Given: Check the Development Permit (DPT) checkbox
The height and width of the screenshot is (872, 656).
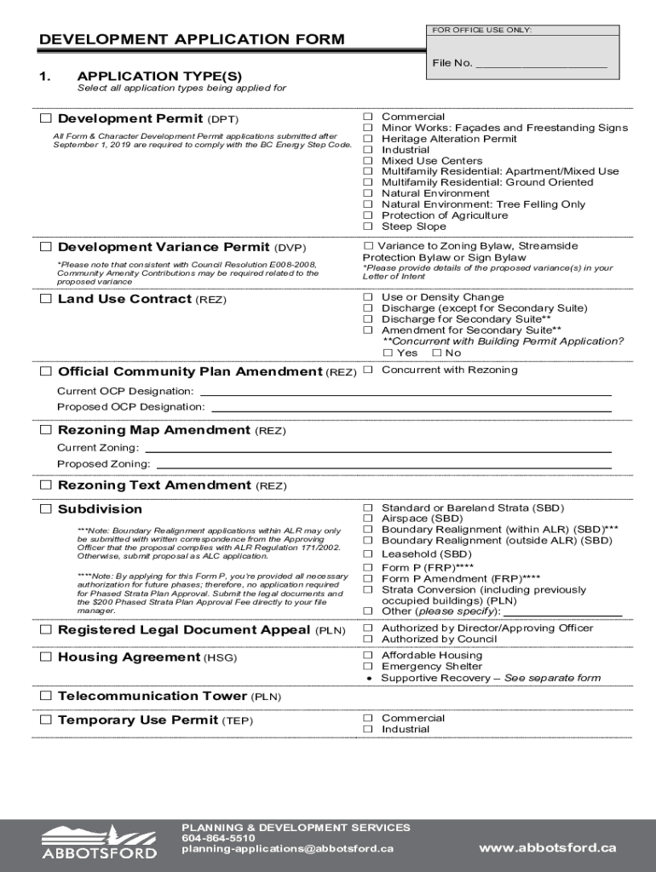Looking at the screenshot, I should point(46,118).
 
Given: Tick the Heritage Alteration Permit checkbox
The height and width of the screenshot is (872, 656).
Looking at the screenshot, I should point(369,139).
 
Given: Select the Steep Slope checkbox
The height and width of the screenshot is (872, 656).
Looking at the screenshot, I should point(369,227).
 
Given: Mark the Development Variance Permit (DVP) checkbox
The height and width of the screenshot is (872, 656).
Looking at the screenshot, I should point(46,247).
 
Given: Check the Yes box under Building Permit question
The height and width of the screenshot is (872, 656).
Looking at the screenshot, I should point(388,353).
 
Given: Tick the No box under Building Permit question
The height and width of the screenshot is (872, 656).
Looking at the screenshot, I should point(437,353).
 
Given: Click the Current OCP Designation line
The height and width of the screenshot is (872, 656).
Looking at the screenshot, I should point(405,392).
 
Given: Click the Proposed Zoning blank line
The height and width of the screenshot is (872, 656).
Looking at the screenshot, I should point(383,464).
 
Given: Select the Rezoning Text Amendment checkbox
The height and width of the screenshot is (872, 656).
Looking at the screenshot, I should point(46,485).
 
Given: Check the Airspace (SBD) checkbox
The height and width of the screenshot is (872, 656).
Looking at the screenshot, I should point(369,519).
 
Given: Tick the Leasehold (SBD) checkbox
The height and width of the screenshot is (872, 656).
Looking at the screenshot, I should point(369,554).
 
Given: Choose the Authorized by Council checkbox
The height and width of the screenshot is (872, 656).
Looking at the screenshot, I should point(369,639).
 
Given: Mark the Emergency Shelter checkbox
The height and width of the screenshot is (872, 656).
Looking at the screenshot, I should point(369,667).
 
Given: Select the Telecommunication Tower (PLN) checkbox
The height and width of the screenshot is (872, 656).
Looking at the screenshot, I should point(46,696).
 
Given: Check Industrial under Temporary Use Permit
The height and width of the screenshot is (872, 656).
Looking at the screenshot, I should point(369,729).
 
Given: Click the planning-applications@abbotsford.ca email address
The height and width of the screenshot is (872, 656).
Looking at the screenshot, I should point(287,849).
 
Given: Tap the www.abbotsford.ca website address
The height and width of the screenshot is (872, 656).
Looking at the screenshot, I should point(547,847).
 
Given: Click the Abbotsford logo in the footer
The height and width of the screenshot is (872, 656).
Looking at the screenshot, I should point(100,841).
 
